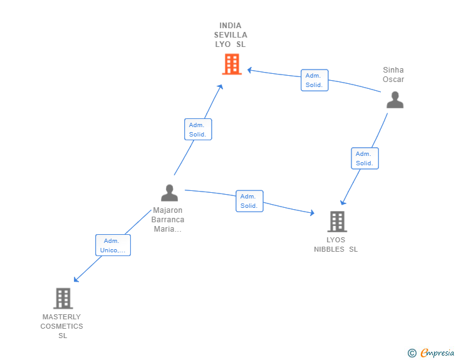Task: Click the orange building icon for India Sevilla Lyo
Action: click(x=232, y=64)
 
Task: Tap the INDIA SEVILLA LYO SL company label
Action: click(x=231, y=35)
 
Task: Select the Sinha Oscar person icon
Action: click(x=395, y=100)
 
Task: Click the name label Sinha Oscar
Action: click(x=393, y=75)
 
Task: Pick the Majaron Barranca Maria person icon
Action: click(x=169, y=193)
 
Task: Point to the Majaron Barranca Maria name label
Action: click(x=167, y=220)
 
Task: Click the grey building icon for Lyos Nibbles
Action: click(x=338, y=222)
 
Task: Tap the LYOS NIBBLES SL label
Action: click(x=336, y=245)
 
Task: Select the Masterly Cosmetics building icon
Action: click(x=63, y=299)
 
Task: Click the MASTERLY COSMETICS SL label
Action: click(x=61, y=326)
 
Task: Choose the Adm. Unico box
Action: click(x=113, y=245)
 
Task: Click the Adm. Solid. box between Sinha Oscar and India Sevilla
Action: click(x=314, y=80)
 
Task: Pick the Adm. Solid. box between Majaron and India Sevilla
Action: click(x=198, y=130)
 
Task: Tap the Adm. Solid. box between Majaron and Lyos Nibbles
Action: click(x=249, y=201)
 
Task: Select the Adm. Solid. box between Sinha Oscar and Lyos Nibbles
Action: click(x=365, y=158)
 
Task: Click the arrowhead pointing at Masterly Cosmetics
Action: click(x=76, y=279)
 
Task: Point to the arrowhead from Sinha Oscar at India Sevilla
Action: click(x=249, y=70)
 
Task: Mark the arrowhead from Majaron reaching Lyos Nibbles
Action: click(x=312, y=213)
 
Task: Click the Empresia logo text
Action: click(x=437, y=352)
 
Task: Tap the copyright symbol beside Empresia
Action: click(x=412, y=353)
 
